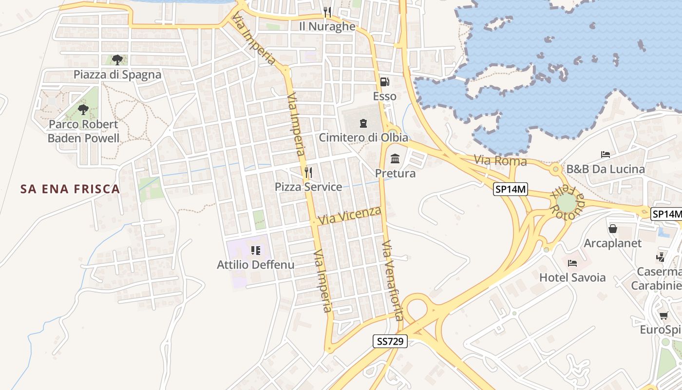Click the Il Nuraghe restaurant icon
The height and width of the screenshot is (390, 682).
[327, 12]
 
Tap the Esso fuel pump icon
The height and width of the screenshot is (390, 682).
[384, 82]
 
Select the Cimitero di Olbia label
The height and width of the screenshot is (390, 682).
[363, 137]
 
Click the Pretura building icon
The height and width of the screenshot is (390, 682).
[395, 159]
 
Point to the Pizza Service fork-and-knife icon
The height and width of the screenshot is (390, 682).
[308, 172]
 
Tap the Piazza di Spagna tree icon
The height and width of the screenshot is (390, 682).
[117, 60]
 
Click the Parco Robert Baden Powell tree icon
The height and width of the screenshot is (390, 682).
[83, 109]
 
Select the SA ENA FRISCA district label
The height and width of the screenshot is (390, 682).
[70, 189]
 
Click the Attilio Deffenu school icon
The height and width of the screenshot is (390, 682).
[255, 251]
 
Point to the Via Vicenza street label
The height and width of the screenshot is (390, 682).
[349, 215]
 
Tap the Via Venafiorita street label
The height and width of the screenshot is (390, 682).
[393, 280]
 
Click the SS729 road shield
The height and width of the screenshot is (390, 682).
[390, 341]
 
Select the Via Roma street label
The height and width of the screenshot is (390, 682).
[501, 160]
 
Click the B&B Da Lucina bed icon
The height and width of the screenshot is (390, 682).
[606, 155]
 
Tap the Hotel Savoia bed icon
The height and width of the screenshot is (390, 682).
[572, 263]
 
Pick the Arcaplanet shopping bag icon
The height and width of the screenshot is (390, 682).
[613, 228]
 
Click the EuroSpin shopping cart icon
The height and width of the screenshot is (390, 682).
[663, 315]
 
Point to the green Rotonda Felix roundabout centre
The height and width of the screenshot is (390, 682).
[566, 202]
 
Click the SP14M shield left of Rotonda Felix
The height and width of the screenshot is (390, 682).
[511, 190]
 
